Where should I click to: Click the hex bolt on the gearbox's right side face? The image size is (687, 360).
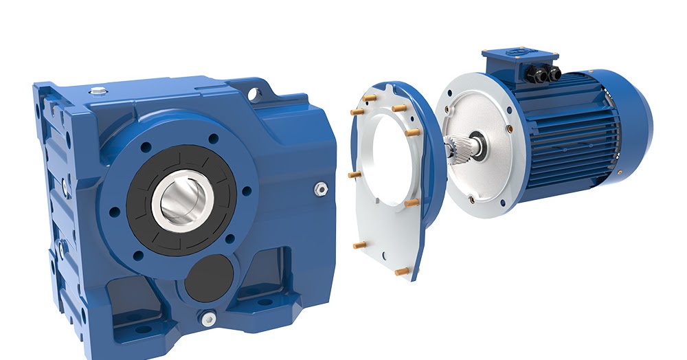pyautogui.click(x=319, y=188)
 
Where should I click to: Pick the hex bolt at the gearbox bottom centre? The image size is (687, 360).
pyautogui.click(x=207, y=317)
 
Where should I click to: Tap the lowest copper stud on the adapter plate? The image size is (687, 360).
pyautogui.click(x=401, y=271)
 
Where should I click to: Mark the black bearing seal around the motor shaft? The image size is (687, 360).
pyautogui.click(x=477, y=145)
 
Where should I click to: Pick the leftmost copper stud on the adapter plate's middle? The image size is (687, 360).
pyautogui.click(x=354, y=175)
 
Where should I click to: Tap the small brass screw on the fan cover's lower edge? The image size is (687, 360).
pyautogui.click(x=618, y=172)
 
